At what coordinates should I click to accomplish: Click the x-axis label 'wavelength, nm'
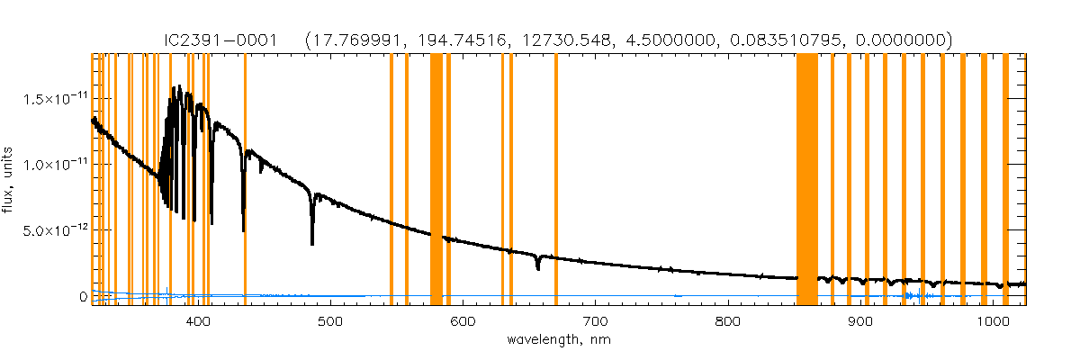[x=559, y=340]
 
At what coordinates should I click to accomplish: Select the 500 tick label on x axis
[x=329, y=321]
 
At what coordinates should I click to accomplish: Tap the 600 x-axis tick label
[x=462, y=321]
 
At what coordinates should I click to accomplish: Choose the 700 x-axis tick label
[x=594, y=321]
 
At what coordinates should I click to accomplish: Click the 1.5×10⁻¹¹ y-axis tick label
[x=53, y=98]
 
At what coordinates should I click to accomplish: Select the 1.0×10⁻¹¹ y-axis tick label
[x=53, y=165]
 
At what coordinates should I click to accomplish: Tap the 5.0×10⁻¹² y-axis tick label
[x=53, y=230]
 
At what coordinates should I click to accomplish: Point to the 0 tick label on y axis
[x=83, y=297]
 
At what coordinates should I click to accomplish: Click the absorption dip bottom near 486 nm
[x=312, y=241]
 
